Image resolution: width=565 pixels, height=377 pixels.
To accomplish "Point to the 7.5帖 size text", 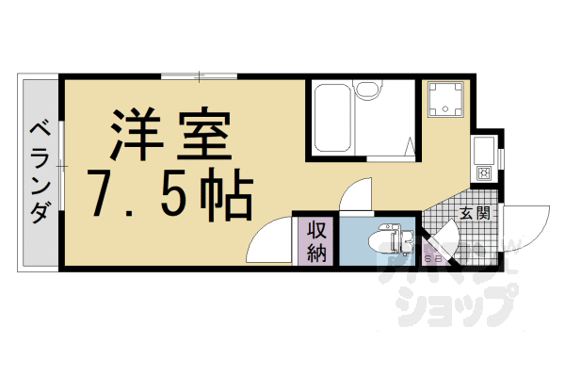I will (169, 191).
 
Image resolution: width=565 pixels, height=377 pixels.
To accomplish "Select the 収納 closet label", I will (315, 241).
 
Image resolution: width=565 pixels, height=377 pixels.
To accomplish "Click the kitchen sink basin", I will (483, 150).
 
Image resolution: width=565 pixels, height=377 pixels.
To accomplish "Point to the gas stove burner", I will (484, 172).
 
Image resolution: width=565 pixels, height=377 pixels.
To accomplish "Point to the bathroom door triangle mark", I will (411, 146).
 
